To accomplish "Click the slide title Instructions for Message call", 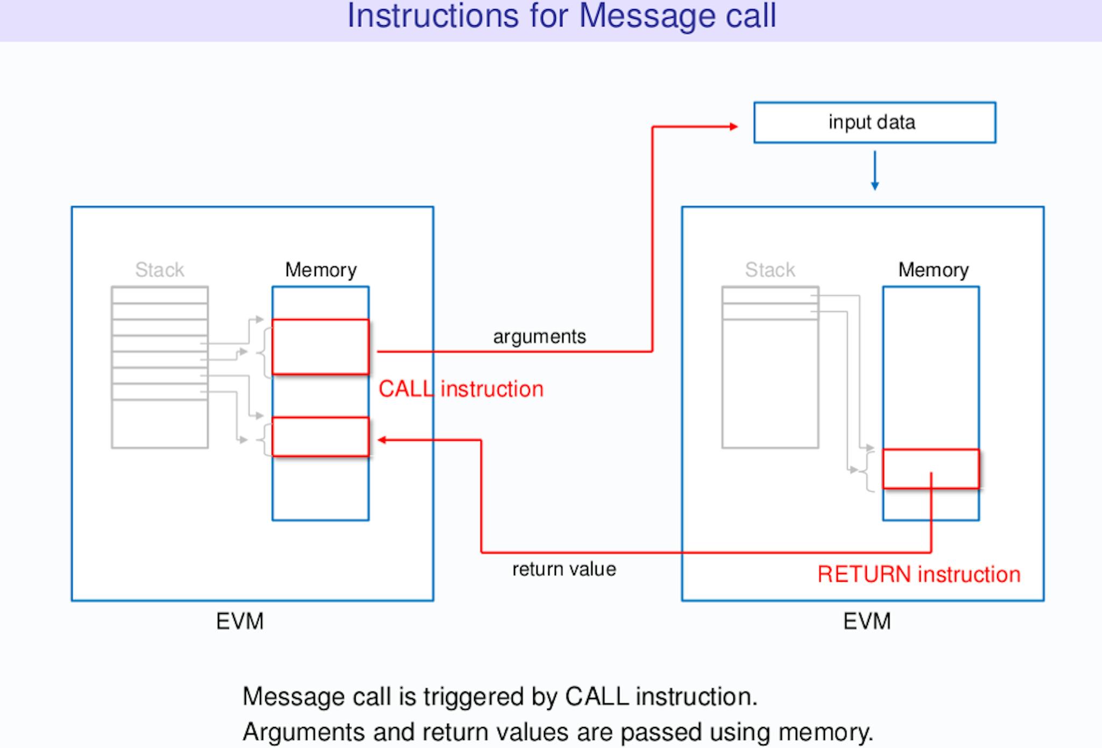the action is click(562, 16).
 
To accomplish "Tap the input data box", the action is click(874, 122).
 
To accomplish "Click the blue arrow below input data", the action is click(875, 171).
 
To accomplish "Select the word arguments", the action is click(539, 337).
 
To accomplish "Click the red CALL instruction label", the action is click(461, 389).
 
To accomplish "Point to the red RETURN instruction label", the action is click(919, 574).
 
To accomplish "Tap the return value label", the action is click(564, 569).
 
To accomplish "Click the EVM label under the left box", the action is click(240, 622).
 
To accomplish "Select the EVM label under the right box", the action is click(867, 622).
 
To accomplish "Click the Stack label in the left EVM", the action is click(160, 270).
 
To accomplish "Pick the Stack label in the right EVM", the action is click(770, 270).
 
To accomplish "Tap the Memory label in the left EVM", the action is click(321, 270).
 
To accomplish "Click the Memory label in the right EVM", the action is click(934, 270).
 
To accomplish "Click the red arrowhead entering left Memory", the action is click(382, 440).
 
